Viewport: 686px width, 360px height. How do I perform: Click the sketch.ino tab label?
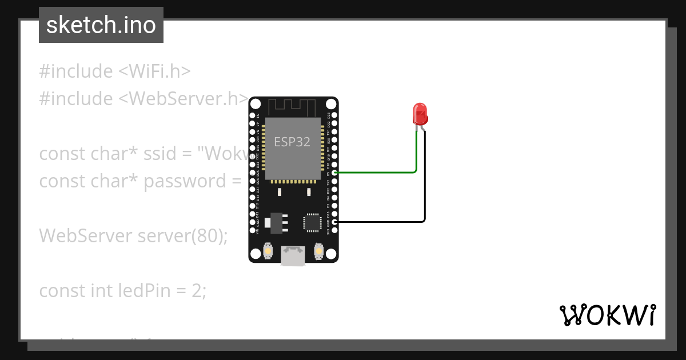click(101, 25)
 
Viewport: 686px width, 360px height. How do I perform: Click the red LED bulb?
click(420, 114)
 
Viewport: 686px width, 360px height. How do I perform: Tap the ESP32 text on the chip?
click(292, 142)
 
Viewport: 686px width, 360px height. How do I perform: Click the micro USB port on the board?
click(293, 256)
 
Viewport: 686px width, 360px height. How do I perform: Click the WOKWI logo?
click(607, 315)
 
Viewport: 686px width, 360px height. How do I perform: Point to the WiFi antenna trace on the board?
click(293, 106)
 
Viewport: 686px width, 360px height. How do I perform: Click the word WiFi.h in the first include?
click(154, 71)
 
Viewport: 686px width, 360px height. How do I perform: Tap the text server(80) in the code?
click(182, 235)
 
